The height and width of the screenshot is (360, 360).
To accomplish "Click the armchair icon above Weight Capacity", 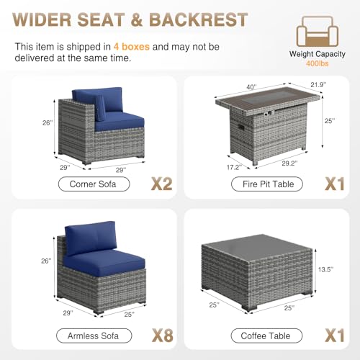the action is (318, 32).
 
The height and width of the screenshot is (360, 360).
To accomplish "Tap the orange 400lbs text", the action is (317, 63).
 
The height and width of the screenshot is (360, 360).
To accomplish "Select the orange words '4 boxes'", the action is (132, 47).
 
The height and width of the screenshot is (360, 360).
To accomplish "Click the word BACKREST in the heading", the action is (199, 19).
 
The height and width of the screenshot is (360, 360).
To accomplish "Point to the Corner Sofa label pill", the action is (94, 184).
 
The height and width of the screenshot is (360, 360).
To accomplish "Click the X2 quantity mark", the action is (162, 184).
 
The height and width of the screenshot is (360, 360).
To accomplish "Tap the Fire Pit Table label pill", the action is (267, 184).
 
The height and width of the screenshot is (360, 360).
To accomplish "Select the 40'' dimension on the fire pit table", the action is (251, 87).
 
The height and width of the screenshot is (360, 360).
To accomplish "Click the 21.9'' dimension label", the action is (318, 85).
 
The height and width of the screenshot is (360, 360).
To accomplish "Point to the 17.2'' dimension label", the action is (234, 167).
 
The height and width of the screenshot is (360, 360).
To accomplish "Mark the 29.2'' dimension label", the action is (289, 163).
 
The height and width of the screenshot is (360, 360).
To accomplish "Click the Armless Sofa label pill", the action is (94, 336).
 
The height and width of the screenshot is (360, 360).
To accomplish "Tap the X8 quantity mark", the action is (163, 336).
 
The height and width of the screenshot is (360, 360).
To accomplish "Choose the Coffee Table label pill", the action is (266, 336).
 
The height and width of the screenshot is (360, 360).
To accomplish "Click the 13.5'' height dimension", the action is (326, 269).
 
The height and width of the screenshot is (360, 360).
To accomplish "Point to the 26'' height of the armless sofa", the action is (46, 261).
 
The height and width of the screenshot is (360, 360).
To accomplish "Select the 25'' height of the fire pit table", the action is (330, 121).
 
